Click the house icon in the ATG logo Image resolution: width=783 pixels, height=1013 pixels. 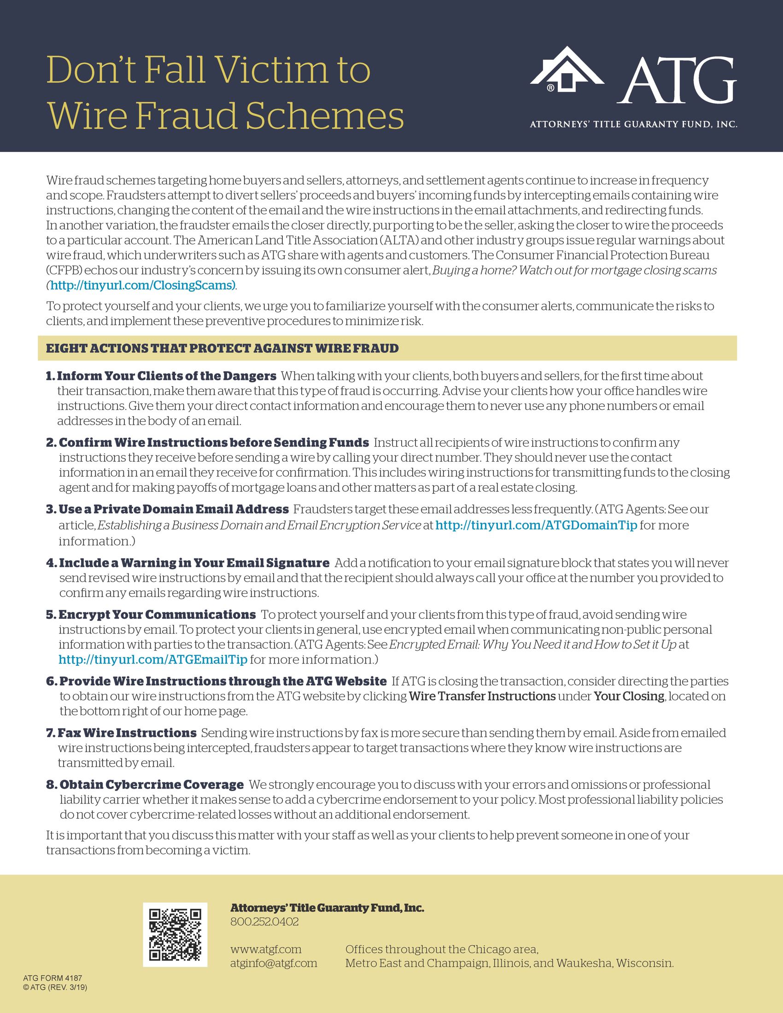click(567, 70)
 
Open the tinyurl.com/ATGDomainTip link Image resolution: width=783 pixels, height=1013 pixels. click(537, 525)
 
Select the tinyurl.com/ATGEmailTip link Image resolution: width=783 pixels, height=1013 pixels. click(153, 659)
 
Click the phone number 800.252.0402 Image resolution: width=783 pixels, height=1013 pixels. click(264, 922)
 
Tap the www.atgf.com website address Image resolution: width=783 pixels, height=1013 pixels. click(266, 949)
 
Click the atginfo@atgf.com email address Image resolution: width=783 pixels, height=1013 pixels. click(274, 963)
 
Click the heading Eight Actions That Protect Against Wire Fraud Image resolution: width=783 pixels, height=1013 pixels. click(222, 349)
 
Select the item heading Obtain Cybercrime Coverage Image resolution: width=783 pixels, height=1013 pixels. click(152, 785)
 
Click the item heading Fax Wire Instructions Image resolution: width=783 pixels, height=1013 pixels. click(127, 733)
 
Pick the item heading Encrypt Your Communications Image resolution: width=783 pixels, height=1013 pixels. click(157, 615)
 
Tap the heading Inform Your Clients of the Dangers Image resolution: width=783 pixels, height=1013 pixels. click(167, 376)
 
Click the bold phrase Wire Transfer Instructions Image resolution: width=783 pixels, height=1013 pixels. click(482, 696)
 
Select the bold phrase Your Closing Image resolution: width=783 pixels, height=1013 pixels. click(629, 696)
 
